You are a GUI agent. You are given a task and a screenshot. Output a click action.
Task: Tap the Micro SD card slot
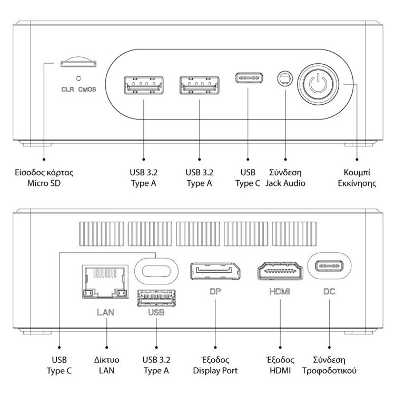77,63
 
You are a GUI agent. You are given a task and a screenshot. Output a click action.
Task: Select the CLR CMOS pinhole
78,78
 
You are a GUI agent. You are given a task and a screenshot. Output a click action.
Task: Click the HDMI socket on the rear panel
279,272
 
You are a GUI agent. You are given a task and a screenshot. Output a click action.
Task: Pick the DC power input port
329,266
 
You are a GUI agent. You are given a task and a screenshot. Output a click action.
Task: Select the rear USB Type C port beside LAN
157,268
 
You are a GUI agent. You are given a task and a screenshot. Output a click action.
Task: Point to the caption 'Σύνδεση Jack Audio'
285,178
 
